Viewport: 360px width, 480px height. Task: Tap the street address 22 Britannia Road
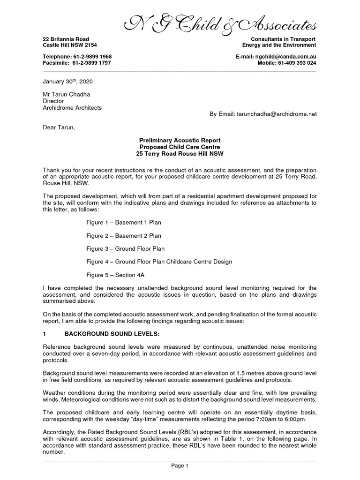tap(66, 38)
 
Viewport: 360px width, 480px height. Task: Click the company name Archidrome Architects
tap(72, 107)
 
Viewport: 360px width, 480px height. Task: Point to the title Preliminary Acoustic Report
tap(180, 140)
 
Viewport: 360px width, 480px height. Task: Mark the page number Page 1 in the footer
tap(180, 465)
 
